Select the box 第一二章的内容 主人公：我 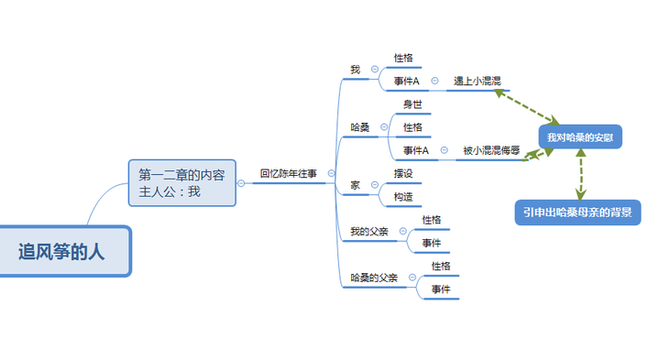pyautogui.click(x=181, y=182)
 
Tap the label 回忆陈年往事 pyautogui.click(x=288, y=172)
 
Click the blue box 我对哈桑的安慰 pyautogui.click(x=580, y=137)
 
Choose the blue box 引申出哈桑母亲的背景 pyautogui.click(x=577, y=213)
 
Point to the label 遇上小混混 pyautogui.click(x=478, y=81)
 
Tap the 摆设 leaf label pyautogui.click(x=403, y=173)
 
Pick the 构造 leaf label pyautogui.click(x=403, y=196)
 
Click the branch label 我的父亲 pyautogui.click(x=369, y=231)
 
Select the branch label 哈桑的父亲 pyautogui.click(x=374, y=278)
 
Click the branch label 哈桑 pyautogui.click(x=360, y=127)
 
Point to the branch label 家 pyautogui.click(x=355, y=185)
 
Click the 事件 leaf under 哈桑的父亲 pyautogui.click(x=440, y=289)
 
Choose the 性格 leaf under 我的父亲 pyautogui.click(x=432, y=220)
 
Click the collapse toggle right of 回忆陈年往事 pyautogui.click(x=331, y=172)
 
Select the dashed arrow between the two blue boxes pyautogui.click(x=581, y=174)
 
